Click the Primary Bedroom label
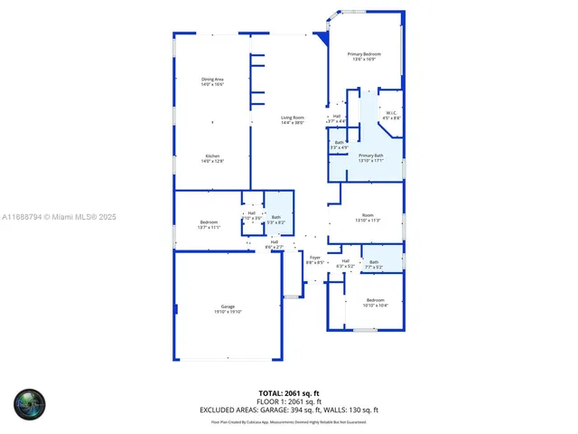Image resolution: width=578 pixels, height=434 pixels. click(x=365, y=54)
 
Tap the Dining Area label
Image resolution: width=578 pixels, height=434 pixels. click(x=212, y=80)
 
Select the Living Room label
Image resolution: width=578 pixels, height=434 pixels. click(x=292, y=118)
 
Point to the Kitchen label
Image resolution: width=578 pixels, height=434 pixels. click(x=212, y=155)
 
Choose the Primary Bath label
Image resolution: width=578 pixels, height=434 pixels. click(x=371, y=156)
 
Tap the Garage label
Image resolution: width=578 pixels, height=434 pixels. click(x=228, y=307)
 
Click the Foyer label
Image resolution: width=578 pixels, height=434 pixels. click(x=315, y=258)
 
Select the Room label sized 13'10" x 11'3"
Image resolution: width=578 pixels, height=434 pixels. click(x=368, y=215)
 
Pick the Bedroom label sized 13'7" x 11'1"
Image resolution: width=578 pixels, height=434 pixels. click(x=209, y=222)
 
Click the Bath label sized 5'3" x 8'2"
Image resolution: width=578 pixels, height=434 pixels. click(x=276, y=217)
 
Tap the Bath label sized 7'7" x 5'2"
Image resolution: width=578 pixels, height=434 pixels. click(x=374, y=262)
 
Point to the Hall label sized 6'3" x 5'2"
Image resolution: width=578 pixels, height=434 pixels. click(x=345, y=261)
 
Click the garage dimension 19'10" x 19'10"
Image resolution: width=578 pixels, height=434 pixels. click(x=228, y=312)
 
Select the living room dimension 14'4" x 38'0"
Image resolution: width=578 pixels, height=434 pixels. click(x=292, y=123)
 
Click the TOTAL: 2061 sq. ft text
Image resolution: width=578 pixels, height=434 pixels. click(x=289, y=392)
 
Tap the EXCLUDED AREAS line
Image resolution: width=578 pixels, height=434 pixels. click(x=289, y=410)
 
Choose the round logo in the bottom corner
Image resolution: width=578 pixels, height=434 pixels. click(x=29, y=403)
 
